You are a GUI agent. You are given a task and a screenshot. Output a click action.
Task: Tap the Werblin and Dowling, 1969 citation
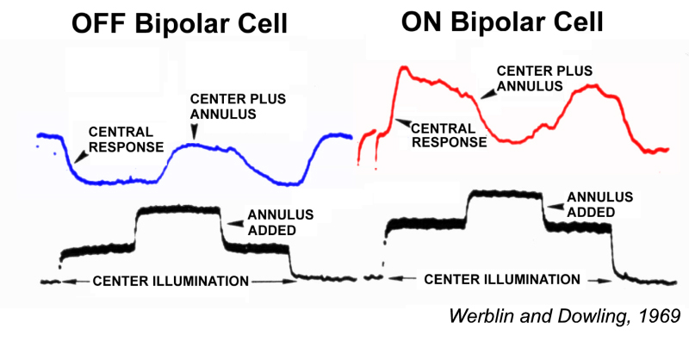pos(565,315)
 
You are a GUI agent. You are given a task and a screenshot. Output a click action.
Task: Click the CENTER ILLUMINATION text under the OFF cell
pos(171,281)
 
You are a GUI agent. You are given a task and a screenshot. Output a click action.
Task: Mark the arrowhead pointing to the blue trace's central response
pos(75,156)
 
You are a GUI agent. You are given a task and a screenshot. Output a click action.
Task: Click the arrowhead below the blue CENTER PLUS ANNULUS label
pos(195,131)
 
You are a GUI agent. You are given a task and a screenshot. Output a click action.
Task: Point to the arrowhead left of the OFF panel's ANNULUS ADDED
pos(228,214)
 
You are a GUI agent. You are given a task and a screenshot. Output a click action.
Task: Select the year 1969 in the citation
pos(660,315)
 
